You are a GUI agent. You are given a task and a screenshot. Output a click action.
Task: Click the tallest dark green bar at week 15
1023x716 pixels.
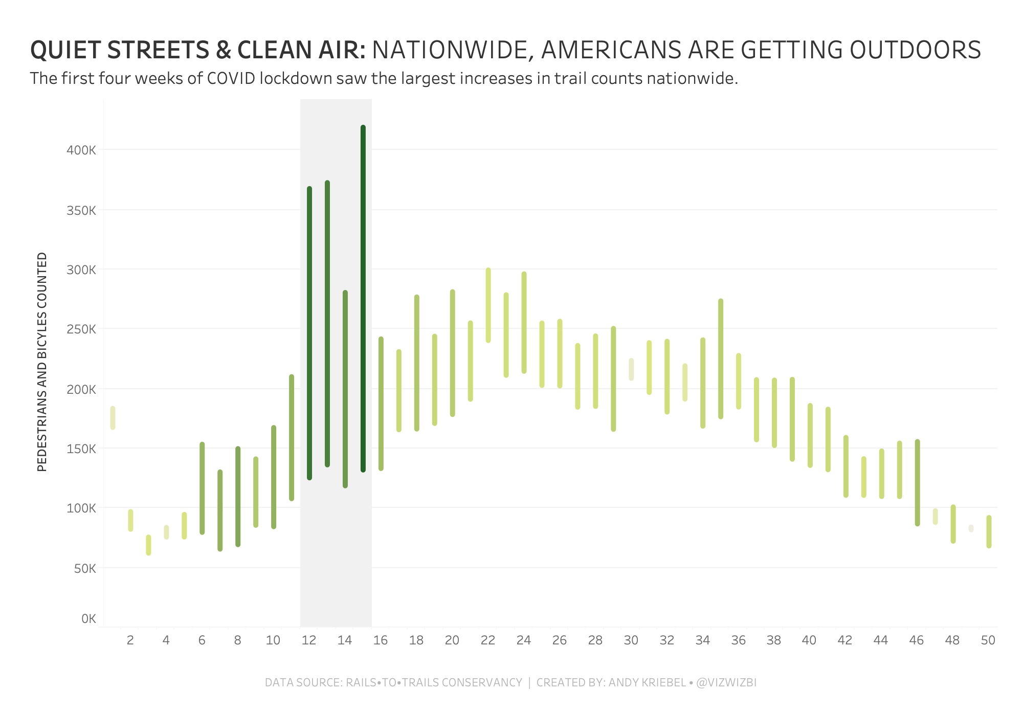(363, 299)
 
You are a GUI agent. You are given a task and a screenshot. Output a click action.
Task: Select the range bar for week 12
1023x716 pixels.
(309, 333)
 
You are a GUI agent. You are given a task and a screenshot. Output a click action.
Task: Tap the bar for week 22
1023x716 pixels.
(488, 305)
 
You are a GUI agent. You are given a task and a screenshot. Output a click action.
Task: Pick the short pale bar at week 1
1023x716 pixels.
(113, 418)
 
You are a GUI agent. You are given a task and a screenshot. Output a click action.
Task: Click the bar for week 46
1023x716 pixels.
(917, 482)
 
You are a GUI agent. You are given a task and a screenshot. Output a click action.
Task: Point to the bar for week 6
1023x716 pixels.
(202, 488)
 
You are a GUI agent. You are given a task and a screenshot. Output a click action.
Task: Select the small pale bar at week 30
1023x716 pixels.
(631, 369)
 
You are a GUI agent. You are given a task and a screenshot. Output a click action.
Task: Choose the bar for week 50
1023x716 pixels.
(989, 532)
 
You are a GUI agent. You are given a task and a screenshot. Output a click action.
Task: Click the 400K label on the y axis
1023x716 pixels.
(81, 150)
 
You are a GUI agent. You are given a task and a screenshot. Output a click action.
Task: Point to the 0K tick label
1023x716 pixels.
(88, 619)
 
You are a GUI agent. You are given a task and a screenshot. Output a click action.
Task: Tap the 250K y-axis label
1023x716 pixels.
(81, 329)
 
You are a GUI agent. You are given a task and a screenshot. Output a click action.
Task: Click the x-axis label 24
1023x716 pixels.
(524, 640)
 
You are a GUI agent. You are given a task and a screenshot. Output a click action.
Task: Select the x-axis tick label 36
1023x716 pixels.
(738, 640)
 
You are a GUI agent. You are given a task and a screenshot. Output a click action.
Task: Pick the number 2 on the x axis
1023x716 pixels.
(130, 640)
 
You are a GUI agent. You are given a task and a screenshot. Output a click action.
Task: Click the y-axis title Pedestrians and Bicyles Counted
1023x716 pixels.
(42, 362)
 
